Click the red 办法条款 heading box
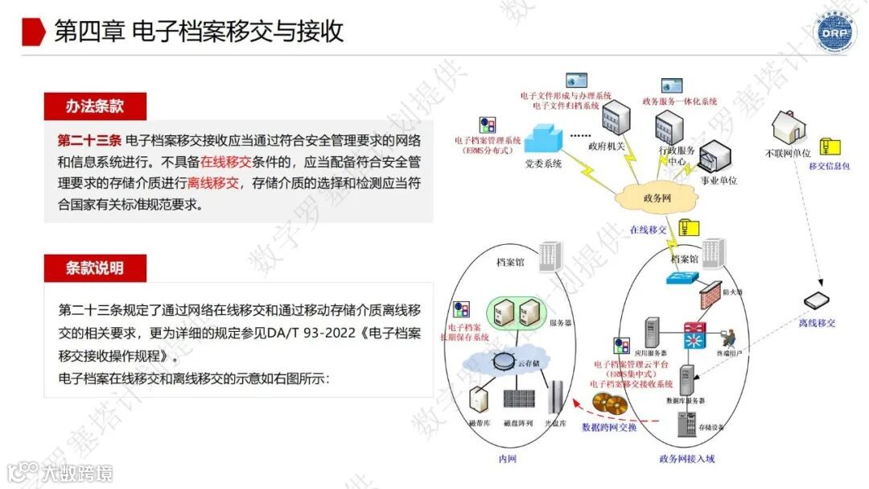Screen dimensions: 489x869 (95, 106)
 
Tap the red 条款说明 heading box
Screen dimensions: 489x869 (95, 267)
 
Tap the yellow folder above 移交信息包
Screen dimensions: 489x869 (830, 147)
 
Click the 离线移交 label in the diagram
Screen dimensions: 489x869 (817, 323)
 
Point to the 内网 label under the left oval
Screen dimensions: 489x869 (506, 459)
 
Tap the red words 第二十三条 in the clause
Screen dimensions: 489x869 (89, 140)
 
